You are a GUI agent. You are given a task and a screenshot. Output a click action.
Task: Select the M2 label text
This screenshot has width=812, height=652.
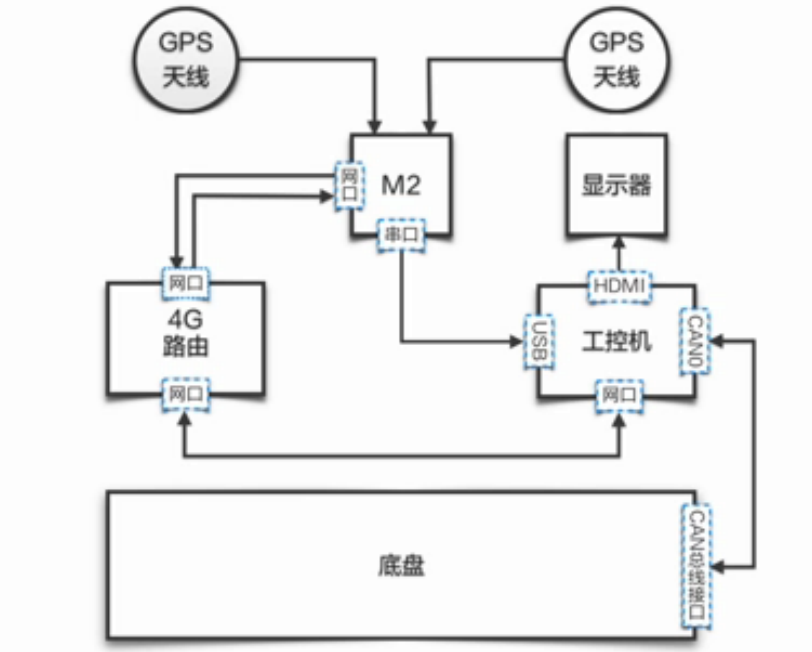401,186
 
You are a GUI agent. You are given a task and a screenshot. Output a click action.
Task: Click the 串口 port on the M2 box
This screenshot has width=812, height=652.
401,236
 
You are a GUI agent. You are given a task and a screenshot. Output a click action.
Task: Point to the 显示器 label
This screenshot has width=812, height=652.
617,186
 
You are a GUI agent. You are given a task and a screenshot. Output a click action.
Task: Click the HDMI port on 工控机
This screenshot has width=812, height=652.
619,285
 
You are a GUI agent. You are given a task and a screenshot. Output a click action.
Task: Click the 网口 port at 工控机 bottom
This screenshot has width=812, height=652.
619,395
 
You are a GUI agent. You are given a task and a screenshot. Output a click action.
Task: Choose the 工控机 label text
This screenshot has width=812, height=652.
617,341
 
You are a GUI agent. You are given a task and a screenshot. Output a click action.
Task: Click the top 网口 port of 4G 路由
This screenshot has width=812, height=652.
185,282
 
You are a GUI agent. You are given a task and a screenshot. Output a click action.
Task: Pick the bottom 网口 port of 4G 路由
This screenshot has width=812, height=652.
185,394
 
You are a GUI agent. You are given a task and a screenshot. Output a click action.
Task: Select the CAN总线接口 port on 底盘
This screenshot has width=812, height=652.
697,565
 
